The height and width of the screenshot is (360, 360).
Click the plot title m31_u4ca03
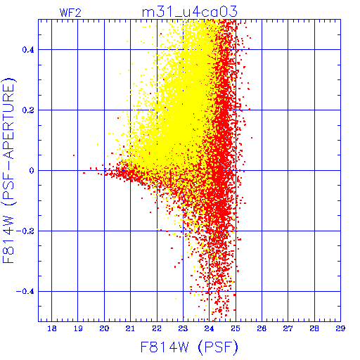point(190,12)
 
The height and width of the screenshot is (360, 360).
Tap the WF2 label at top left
point(70,13)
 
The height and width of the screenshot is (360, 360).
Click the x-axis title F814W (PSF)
point(189,347)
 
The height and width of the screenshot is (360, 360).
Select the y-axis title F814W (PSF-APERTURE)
point(9,170)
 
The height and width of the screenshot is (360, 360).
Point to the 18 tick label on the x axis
point(52,328)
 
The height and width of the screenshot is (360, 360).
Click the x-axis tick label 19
point(78,328)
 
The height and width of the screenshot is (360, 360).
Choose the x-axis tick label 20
point(104,328)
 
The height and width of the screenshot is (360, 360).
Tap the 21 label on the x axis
point(130,328)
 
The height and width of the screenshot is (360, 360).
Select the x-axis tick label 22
point(157,328)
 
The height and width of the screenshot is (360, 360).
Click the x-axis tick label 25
point(236,328)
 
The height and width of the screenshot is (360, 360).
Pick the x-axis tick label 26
point(262,328)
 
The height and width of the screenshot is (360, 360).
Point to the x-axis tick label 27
point(288,328)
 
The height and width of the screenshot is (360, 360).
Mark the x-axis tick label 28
point(314,328)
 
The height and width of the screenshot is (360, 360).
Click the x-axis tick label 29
point(340,328)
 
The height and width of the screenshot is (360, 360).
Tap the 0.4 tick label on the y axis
point(28,50)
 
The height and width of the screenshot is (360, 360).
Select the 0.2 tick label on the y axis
point(28,110)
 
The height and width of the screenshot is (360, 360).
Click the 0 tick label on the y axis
point(32,171)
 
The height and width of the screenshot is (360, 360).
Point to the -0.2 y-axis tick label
point(25,231)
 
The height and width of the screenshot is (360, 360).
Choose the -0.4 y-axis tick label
point(25,292)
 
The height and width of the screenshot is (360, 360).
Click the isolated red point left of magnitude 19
point(74,155)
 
